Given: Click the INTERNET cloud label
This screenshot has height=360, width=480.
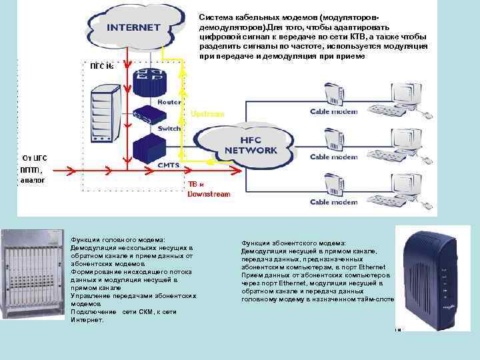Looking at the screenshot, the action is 134,27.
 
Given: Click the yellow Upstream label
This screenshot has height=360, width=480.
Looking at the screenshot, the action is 207,114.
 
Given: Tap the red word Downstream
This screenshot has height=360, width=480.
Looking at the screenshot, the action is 209,194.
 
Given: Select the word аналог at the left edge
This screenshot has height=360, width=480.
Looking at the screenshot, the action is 32,180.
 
